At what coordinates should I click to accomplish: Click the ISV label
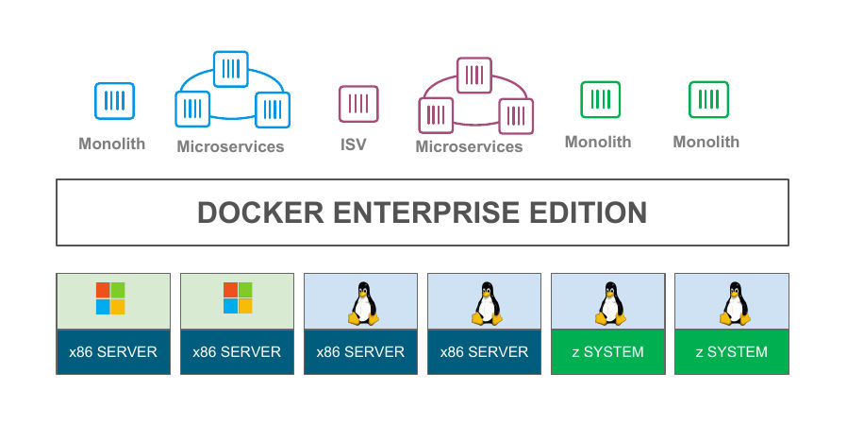354,144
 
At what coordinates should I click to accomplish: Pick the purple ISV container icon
358,104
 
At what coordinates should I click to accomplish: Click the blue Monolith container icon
114,101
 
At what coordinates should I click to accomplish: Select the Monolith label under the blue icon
112,144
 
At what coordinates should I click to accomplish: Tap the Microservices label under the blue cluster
230,146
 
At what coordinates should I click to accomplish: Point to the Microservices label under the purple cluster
469,146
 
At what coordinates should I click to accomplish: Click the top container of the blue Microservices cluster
230,69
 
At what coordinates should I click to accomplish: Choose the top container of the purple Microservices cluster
475,75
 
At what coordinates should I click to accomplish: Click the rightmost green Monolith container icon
707,99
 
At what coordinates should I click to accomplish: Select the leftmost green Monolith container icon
599,99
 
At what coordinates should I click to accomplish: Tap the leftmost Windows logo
110,298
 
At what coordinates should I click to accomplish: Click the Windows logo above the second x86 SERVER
238,298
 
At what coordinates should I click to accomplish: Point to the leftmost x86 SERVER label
113,352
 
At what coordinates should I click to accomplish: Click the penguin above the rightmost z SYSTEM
734,303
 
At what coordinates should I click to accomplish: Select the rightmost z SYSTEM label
732,352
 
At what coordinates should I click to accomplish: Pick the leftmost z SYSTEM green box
608,352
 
